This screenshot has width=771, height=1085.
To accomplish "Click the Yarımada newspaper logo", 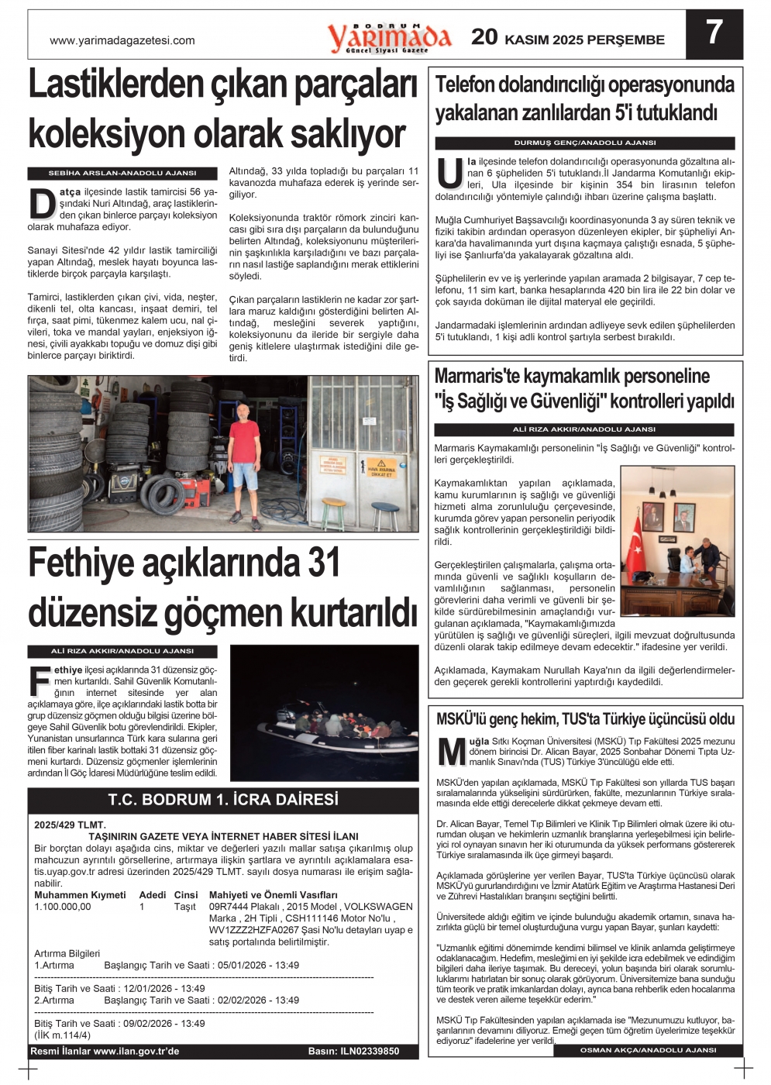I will tap(388, 37).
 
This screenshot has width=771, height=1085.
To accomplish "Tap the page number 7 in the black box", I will tap(714, 33).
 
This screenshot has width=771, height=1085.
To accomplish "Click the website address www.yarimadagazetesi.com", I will tap(122, 40).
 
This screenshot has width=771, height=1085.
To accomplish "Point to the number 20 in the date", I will tap(484, 36).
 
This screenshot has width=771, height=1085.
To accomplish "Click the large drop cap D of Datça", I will tap(42, 203).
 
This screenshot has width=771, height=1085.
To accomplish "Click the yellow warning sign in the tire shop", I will tap(380, 467).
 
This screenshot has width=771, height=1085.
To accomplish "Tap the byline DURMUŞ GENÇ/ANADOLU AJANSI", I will tap(584, 143).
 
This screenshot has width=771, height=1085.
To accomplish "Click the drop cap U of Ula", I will tap(449, 174).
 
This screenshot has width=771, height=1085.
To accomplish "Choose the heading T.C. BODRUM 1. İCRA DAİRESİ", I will tap(223, 799).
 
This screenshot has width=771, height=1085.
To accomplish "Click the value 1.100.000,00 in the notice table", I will tap(63, 907).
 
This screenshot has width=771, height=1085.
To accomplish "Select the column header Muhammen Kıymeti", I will tap(80, 894).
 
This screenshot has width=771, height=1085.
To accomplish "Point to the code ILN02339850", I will tap(369, 1051).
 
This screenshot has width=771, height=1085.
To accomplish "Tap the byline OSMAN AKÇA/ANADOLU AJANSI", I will tap(648, 1050).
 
